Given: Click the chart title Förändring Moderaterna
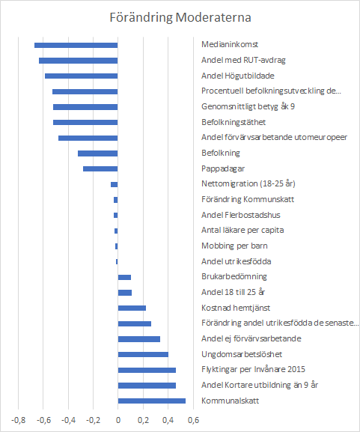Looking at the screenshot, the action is tap(180, 17).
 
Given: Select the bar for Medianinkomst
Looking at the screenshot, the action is tap(76, 45).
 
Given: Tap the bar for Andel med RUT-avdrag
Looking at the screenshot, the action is tap(79, 61).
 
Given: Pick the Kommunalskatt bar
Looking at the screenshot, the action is tap(152, 401).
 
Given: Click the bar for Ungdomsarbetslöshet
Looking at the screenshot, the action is tap(143, 354).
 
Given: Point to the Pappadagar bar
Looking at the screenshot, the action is tap(100, 169).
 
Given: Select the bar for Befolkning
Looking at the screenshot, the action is tap(98, 153).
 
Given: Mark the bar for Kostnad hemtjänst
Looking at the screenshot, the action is tap(132, 308).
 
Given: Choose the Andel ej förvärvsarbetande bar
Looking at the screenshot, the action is tap(139, 339).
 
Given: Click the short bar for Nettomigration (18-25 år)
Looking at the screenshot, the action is tap(115, 185).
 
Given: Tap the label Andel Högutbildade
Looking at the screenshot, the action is tap(238, 76).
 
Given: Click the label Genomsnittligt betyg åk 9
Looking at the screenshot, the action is tap(248, 106).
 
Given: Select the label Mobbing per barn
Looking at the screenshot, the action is tap(234, 246).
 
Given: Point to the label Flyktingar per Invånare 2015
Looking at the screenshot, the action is tap(253, 369).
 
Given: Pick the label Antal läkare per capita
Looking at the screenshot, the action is tap(242, 230).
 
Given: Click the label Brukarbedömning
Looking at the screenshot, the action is tap(234, 276).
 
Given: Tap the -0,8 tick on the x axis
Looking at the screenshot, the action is tap(18, 420).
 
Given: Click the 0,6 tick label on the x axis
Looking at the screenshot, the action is tap(193, 420).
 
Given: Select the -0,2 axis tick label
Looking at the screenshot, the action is tap(93, 420).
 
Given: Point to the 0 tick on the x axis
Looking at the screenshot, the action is tap(118, 420).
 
